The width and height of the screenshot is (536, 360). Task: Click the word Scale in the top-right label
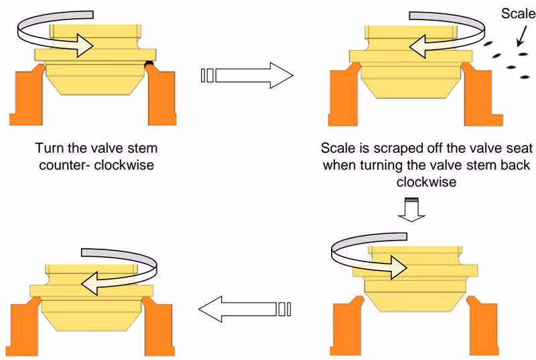(518, 13)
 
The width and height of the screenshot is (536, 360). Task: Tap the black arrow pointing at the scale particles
(522, 36)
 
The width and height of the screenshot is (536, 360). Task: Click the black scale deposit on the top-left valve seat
(149, 63)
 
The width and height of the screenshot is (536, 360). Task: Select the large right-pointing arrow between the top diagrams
(247, 75)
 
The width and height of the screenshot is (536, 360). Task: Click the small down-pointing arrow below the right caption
(411, 210)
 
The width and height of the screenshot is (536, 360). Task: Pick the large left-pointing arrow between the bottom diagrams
(245, 309)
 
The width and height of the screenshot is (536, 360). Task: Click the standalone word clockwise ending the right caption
(426, 182)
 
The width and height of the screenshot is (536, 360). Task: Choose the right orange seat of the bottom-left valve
(158, 326)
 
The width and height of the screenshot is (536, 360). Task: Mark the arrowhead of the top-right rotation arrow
(417, 46)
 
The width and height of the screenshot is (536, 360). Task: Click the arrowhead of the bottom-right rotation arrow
(399, 267)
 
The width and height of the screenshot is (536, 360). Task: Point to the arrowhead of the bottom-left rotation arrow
(90, 284)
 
